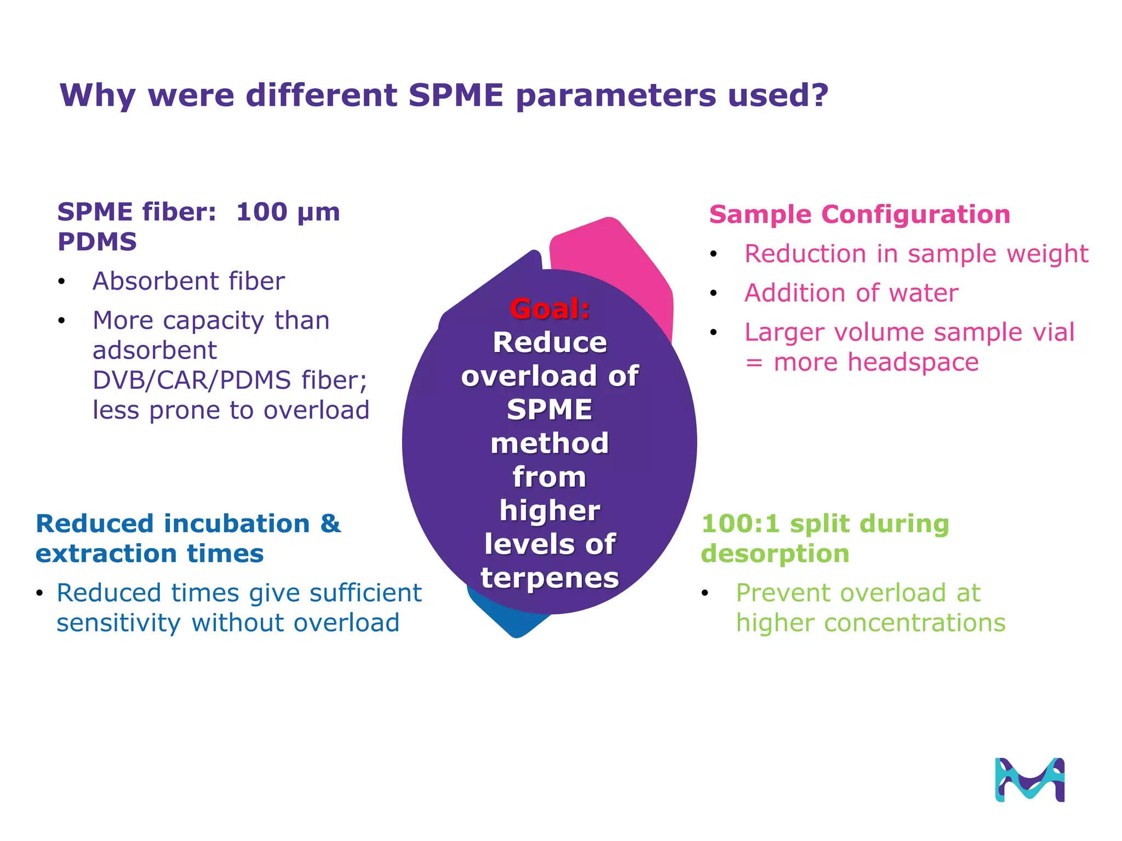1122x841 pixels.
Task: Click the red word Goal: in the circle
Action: (x=549, y=309)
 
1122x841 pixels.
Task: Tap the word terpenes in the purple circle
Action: (x=549, y=578)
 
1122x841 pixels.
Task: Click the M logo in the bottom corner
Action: (x=1029, y=780)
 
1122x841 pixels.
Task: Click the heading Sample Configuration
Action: (x=859, y=214)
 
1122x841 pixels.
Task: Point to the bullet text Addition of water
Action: (x=851, y=293)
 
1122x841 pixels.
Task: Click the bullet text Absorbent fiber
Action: (x=188, y=281)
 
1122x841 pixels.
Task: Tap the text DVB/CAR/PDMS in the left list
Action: (x=192, y=380)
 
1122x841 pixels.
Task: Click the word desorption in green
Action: (x=775, y=554)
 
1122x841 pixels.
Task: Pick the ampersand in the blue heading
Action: (x=330, y=524)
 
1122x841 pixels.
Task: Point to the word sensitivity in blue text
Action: (x=118, y=624)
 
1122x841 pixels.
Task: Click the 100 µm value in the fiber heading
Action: (x=288, y=212)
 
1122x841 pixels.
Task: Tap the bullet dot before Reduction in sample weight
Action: (x=713, y=254)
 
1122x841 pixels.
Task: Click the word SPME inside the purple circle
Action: (x=549, y=410)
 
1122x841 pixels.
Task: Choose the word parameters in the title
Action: (x=616, y=96)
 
